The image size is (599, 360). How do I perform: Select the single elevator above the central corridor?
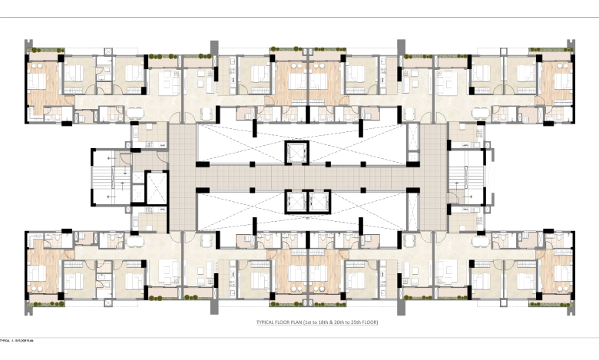[x=295, y=151]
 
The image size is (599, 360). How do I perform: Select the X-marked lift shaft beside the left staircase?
[x=156, y=188]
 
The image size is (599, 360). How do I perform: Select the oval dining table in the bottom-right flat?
[x=465, y=239]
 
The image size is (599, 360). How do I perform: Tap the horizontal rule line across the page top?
[x=299, y=17]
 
